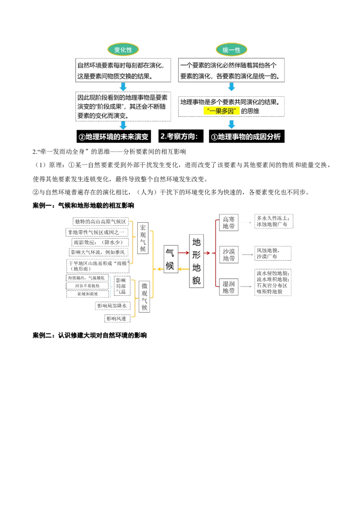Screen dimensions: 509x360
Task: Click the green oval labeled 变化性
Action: pos(123,50)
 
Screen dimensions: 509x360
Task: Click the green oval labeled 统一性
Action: pos(232,50)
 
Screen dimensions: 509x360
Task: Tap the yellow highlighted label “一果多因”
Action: pos(222,111)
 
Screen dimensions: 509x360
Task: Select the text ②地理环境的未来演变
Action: pos(113,137)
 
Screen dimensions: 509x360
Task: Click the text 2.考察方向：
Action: pos(179,137)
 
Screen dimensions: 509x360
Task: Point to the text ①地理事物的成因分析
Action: pos(246,137)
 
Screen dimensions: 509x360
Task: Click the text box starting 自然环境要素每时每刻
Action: pos(124,70)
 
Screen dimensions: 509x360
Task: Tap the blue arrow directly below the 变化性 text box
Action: pos(123,87)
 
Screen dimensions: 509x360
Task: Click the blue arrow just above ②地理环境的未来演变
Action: pos(123,125)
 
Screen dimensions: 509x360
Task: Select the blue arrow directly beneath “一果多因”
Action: pos(232,125)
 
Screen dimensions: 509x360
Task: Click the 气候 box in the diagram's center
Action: pos(170,259)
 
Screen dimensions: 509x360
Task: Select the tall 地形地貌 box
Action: pos(197,261)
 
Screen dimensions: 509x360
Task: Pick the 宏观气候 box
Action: pos(143,238)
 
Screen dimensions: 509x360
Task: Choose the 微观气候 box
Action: pos(144,297)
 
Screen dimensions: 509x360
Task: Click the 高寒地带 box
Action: pos(229,223)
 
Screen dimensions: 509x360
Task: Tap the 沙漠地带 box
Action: pos(229,254)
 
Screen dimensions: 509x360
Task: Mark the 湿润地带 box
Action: pos(229,286)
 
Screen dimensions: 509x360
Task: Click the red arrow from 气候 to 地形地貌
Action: pos(184,253)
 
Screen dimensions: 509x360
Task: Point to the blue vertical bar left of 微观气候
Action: pos(110,287)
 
